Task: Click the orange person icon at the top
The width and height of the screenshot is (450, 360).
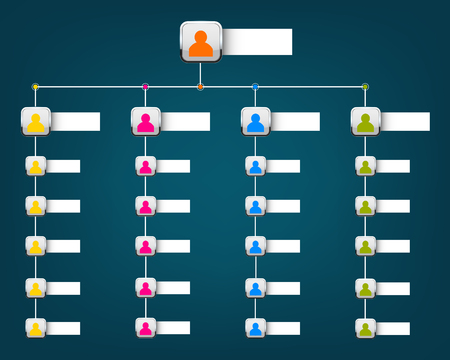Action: (x=201, y=42)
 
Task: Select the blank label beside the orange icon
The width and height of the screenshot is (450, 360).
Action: (x=257, y=42)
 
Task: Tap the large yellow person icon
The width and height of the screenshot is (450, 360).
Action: (x=36, y=121)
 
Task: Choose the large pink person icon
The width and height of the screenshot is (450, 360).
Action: (x=146, y=121)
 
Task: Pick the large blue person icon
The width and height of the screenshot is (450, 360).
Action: (x=256, y=121)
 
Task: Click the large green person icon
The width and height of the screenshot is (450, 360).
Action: (x=366, y=121)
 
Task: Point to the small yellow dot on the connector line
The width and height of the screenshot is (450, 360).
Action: (x=36, y=87)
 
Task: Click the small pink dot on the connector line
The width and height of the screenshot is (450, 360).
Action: (x=146, y=87)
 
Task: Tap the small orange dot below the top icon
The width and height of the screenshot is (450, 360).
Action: (x=201, y=87)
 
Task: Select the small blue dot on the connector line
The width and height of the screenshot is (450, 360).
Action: (x=256, y=87)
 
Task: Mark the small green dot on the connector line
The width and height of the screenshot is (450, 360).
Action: (x=365, y=87)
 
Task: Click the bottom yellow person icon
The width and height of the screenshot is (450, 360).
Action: (x=36, y=327)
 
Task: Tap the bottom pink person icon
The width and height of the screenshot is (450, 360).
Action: (x=146, y=327)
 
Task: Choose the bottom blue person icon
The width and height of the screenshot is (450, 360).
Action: (x=256, y=327)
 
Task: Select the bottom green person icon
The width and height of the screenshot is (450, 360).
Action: (x=366, y=327)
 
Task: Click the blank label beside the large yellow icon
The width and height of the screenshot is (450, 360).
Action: (x=75, y=121)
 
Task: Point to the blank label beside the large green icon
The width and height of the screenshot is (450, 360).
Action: (x=405, y=121)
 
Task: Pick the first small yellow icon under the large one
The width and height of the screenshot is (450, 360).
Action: (x=36, y=166)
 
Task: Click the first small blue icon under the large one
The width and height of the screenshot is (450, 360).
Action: (x=256, y=166)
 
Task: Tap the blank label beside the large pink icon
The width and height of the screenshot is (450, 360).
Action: (x=185, y=121)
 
